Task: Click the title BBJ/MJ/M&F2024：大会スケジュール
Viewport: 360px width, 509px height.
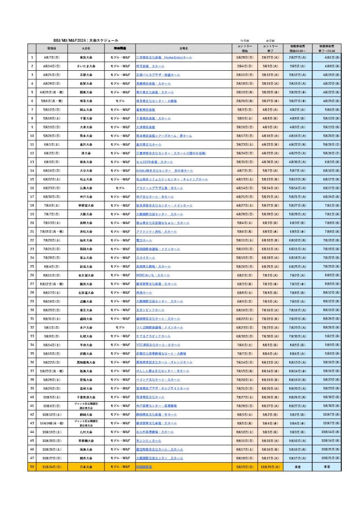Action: coord(86,41)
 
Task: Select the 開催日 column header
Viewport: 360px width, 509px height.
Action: coord(52,48)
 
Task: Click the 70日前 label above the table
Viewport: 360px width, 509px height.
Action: coord(244,41)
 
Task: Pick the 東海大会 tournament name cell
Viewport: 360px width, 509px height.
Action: coord(86,57)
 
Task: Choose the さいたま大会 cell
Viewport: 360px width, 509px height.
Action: coord(86,66)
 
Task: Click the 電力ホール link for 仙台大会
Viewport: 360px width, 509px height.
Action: coord(142,240)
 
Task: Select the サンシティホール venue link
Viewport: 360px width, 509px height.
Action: coord(148,441)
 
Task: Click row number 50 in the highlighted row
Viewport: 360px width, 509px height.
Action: coord(32,467)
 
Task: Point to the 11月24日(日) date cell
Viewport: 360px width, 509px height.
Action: coord(52,467)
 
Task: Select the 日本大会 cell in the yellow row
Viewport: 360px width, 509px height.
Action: coord(86,467)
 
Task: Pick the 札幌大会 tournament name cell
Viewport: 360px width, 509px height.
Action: coord(86,336)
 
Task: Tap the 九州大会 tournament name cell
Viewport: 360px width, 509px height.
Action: coord(86,432)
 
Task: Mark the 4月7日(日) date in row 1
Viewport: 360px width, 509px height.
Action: coord(52,57)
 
